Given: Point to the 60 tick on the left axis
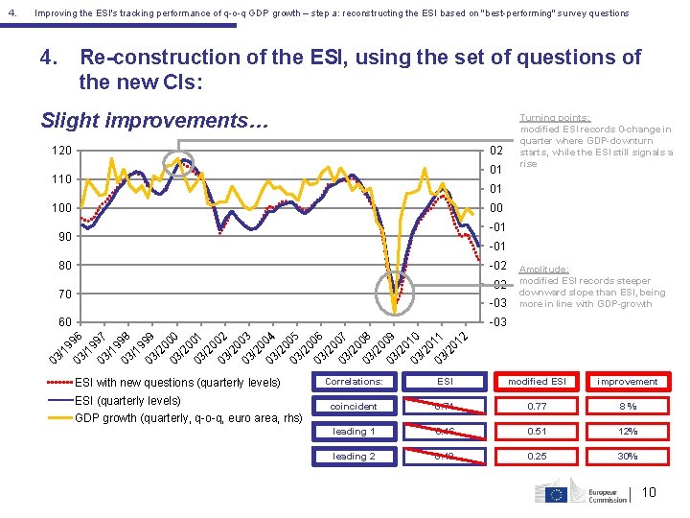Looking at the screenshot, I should pyautogui.click(x=63, y=322).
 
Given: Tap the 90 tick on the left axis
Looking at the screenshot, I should pyautogui.click(x=63, y=237).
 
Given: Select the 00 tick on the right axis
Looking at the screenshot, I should pyautogui.click(x=495, y=208).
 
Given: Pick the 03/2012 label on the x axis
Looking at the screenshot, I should pyautogui.click(x=450, y=346).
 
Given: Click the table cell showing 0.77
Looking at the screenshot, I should pyautogui.click(x=536, y=407).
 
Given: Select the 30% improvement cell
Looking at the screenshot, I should pyautogui.click(x=627, y=457).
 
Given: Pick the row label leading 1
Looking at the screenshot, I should pyautogui.click(x=355, y=432).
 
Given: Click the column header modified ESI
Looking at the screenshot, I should pyautogui.click(x=536, y=381).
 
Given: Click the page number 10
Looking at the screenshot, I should pyautogui.click(x=649, y=493).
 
